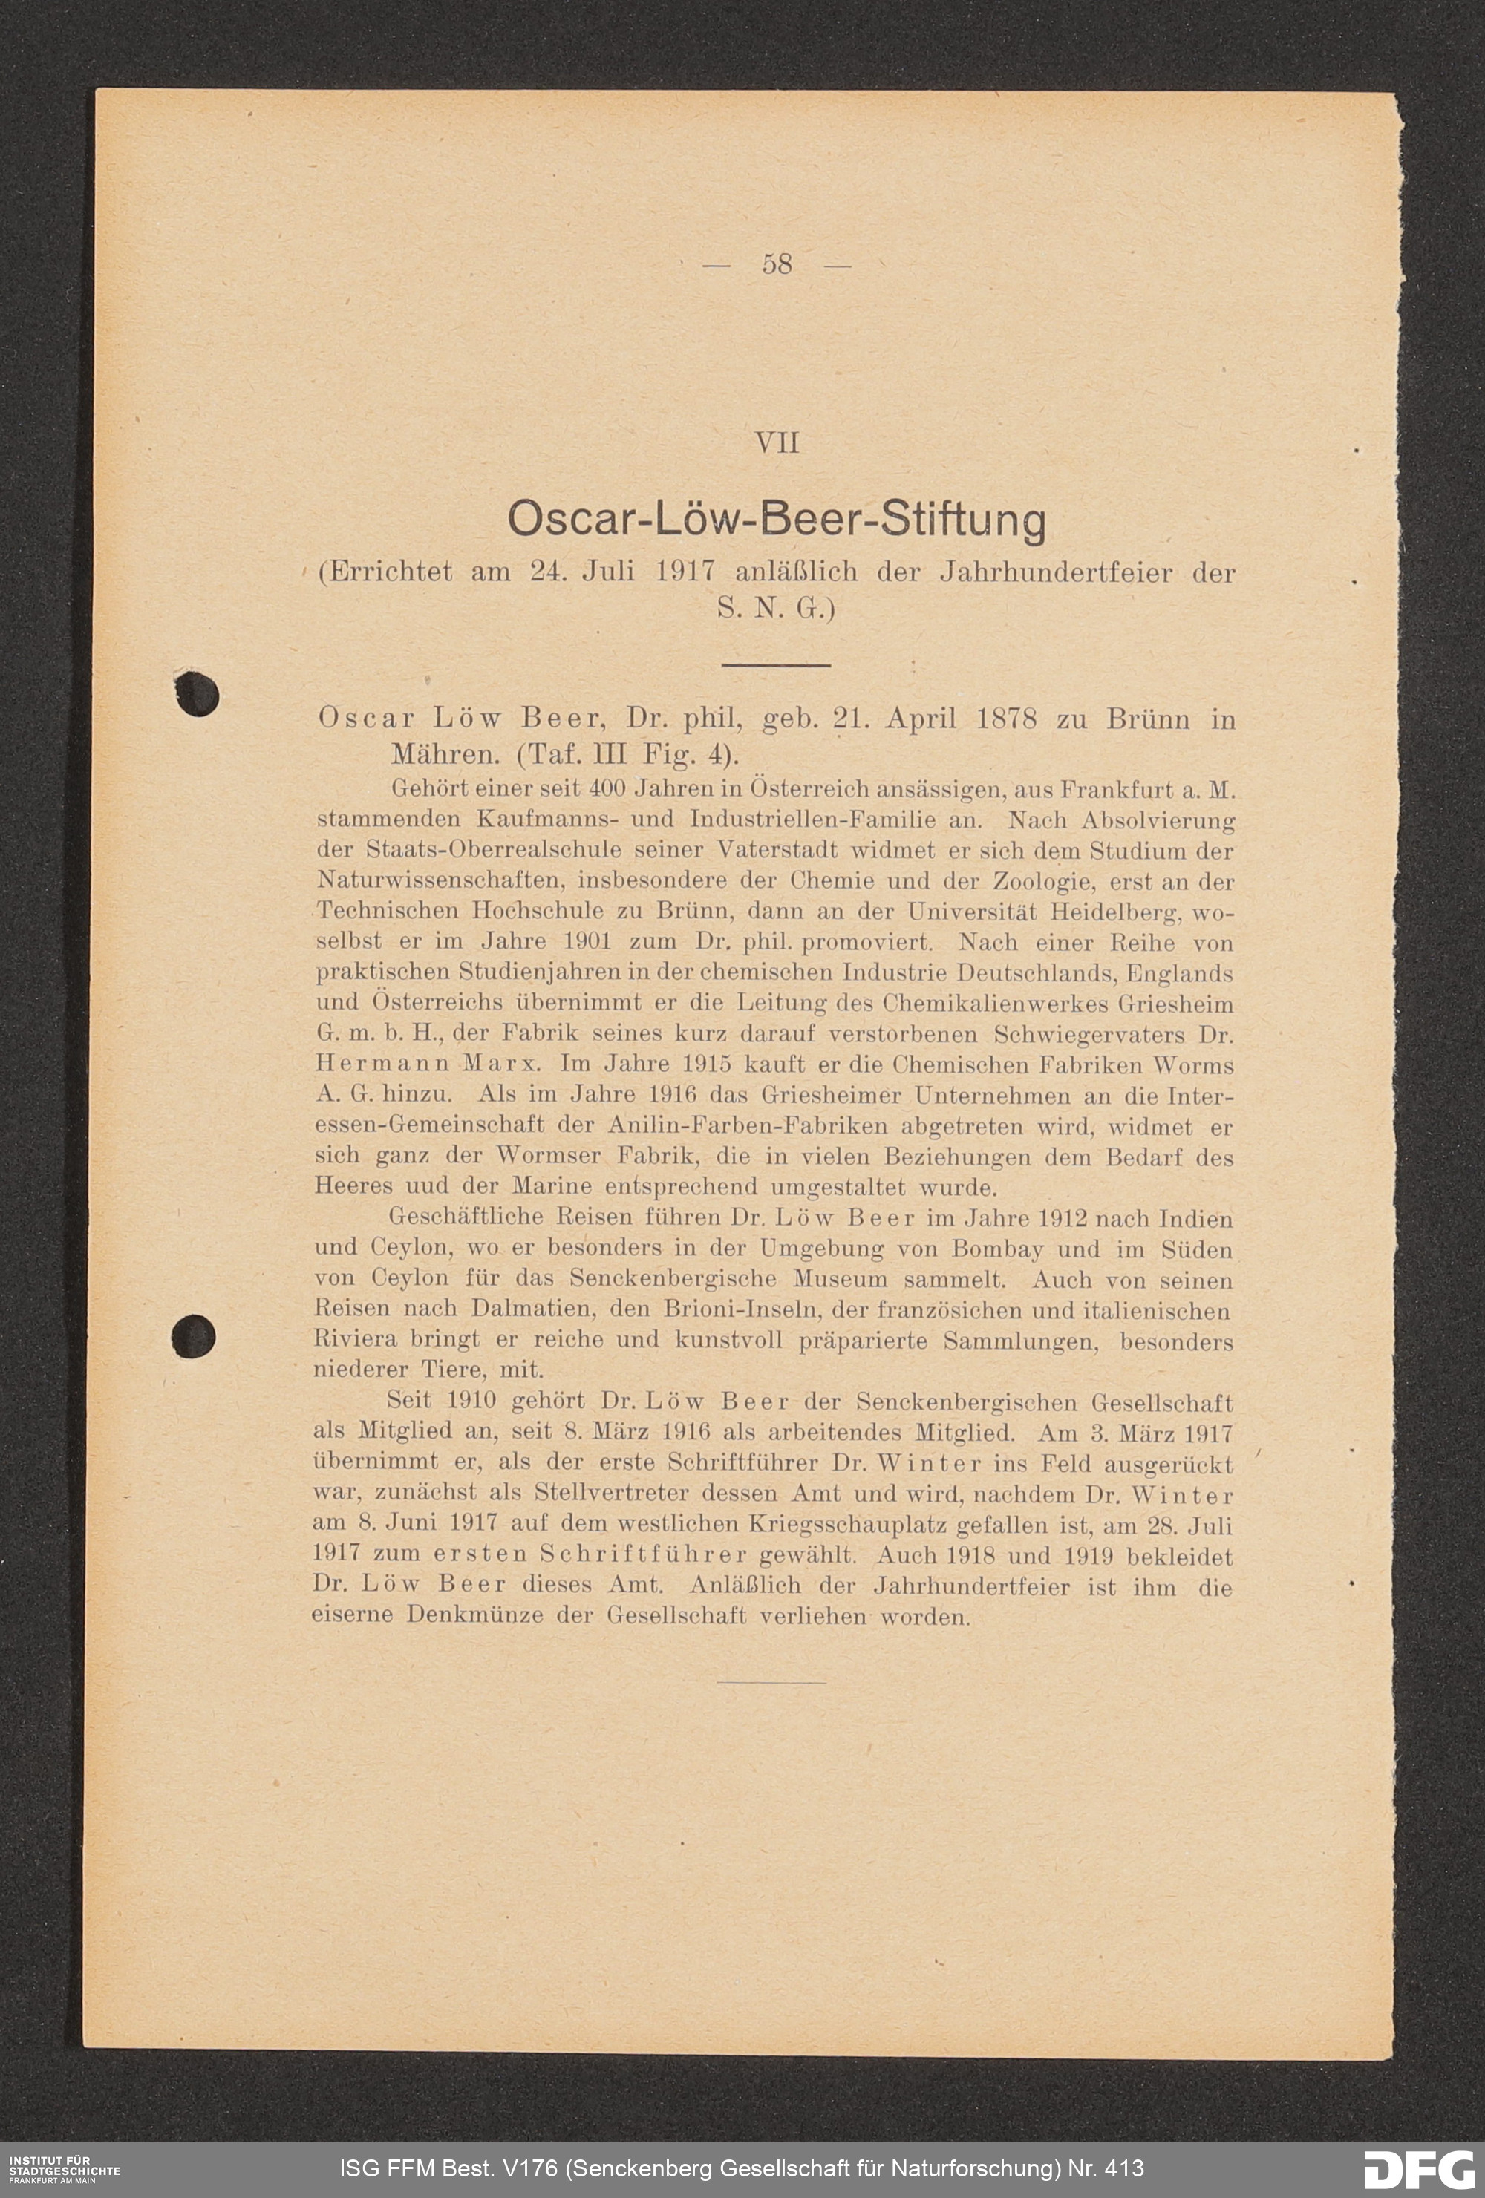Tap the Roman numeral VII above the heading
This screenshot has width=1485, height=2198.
click(777, 442)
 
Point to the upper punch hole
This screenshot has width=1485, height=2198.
click(198, 694)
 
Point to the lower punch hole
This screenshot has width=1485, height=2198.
click(194, 1336)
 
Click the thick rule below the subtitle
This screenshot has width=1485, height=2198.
click(776, 665)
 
